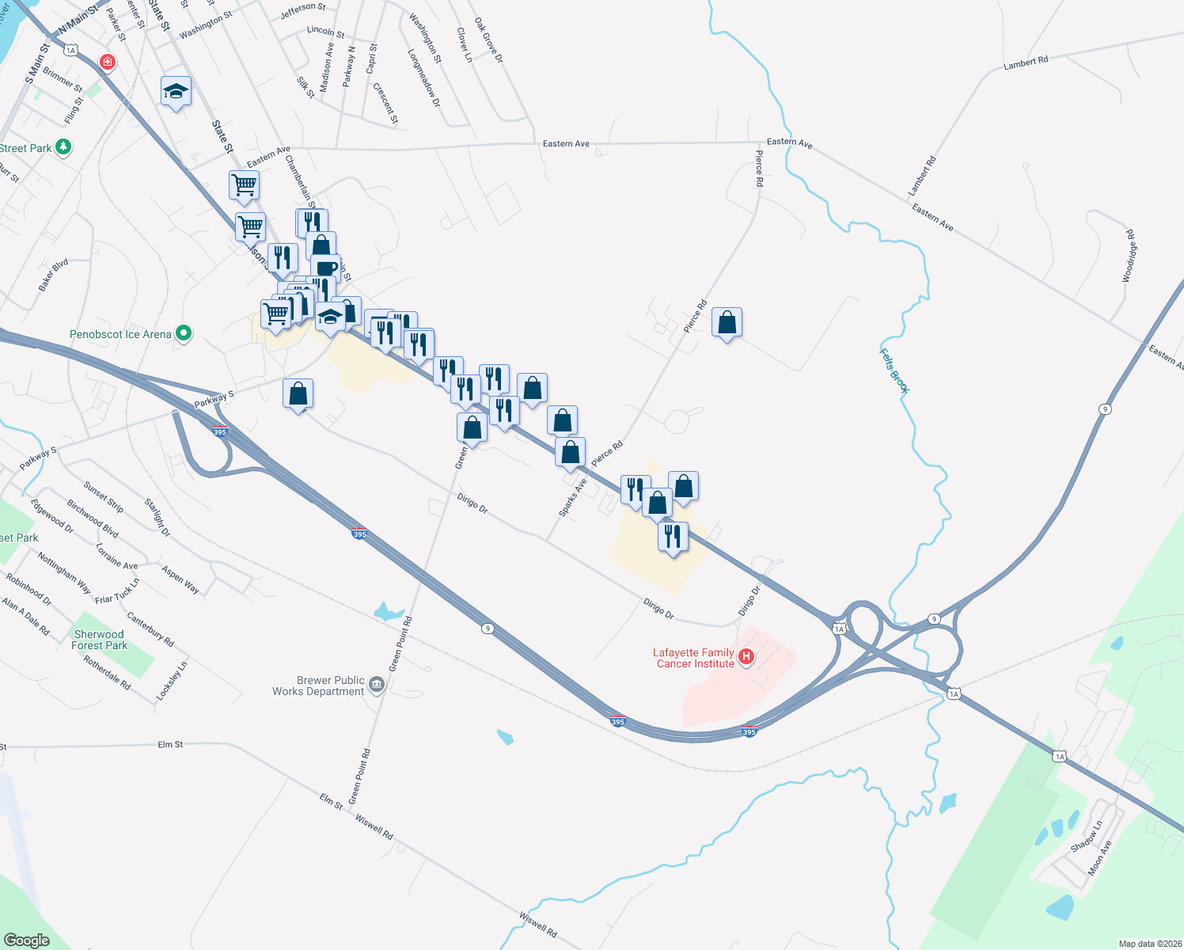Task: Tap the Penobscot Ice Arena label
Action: tap(120, 334)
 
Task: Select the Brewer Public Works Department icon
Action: tap(377, 685)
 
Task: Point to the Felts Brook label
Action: tap(894, 370)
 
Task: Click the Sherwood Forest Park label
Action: tap(99, 640)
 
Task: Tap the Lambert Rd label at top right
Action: tap(1026, 63)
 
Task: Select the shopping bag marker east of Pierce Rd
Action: tap(727, 323)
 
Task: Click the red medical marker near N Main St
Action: tap(107, 62)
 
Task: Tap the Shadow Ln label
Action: tap(1086, 836)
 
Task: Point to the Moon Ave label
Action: tap(1099, 857)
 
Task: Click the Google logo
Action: tap(26, 940)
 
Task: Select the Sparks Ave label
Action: tap(573, 497)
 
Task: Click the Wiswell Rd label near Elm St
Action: tap(374, 826)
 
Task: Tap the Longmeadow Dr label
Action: tap(424, 78)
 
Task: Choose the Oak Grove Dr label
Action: tap(489, 40)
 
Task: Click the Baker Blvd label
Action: tap(53, 275)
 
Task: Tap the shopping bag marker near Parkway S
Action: tap(298, 393)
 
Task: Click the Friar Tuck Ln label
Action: tap(117, 591)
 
